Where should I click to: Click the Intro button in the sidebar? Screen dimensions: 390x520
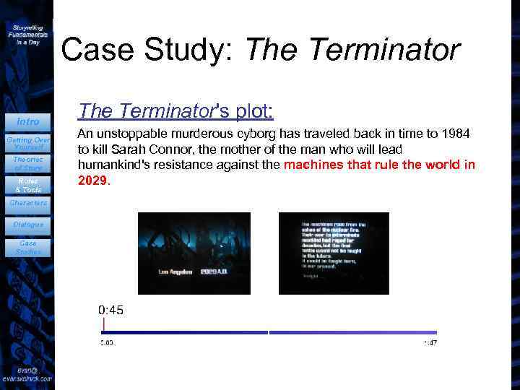point(27,121)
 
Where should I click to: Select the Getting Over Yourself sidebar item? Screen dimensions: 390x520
point(27,142)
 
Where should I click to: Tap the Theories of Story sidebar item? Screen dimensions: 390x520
point(27,163)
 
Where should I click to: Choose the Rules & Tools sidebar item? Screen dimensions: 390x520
point(27,185)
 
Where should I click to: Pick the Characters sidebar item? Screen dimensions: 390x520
point(27,203)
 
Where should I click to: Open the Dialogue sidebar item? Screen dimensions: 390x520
point(27,225)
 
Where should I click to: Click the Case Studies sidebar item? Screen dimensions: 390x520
point(27,248)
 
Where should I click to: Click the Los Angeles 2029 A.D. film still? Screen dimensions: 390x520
point(194,253)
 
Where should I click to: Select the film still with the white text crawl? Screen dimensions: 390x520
point(334,253)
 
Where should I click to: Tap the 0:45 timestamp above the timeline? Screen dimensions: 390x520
point(110,310)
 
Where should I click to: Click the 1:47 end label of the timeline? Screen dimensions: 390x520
point(430,342)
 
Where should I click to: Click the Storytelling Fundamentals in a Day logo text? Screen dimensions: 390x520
point(27,34)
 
